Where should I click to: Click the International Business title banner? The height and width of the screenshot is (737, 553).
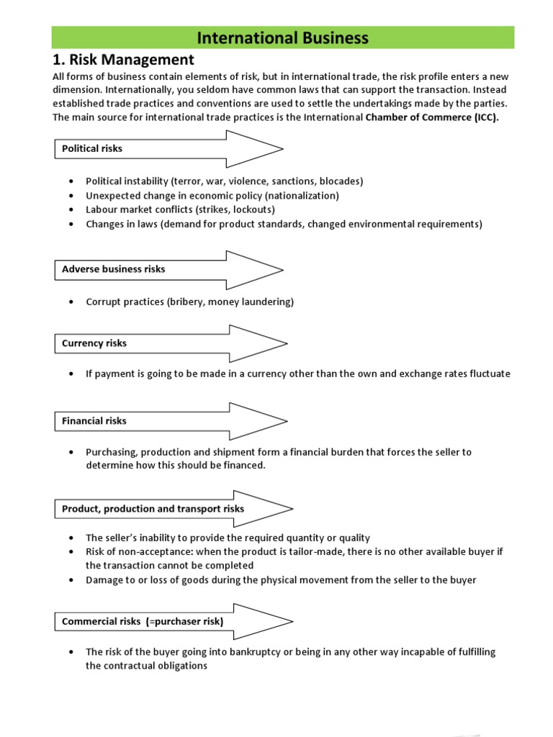(x=282, y=38)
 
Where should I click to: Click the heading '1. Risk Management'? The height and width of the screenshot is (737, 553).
(x=123, y=60)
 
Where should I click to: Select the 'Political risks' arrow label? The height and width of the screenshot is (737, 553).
(x=92, y=149)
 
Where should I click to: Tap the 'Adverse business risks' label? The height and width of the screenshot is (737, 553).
(x=114, y=269)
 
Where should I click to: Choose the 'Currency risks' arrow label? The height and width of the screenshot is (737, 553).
(x=94, y=343)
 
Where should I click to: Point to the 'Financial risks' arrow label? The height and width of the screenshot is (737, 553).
(x=94, y=421)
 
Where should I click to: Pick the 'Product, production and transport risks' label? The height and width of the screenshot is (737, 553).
(x=153, y=509)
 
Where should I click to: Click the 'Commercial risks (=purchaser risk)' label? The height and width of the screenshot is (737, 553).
(x=143, y=621)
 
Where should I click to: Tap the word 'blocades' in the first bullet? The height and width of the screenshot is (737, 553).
(x=340, y=181)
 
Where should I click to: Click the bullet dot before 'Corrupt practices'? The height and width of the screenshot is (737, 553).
(x=71, y=302)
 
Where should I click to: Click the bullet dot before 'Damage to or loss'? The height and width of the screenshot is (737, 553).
(x=71, y=580)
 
